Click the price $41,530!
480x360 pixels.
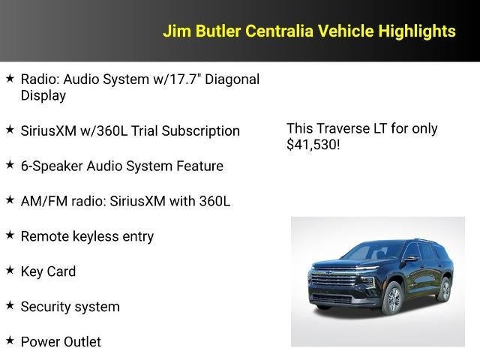point(313,145)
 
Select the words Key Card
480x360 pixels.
point(48,271)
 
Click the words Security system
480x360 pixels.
point(70,307)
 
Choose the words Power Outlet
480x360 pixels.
point(61,342)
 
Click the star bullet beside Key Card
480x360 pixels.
point(10,270)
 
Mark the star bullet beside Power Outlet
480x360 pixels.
point(10,340)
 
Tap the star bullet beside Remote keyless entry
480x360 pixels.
point(10,235)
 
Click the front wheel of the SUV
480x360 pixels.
point(391,299)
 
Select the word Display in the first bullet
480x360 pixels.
point(43,96)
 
